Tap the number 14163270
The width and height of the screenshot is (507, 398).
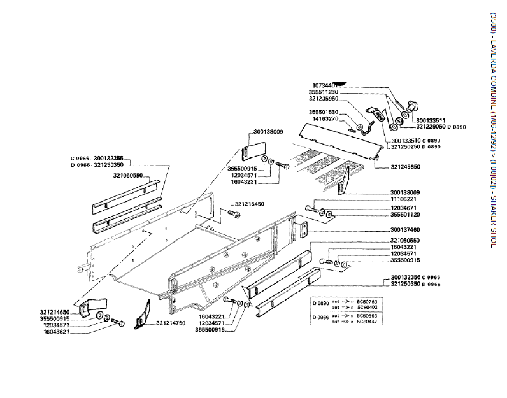pos(325,118)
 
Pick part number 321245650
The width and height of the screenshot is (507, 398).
pos(406,167)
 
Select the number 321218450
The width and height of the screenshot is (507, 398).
pos(250,204)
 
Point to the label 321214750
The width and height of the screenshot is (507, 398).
pos(170,323)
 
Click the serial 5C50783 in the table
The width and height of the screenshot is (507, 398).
pos(367,301)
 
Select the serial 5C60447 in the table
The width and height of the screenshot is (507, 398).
pos(367,322)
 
